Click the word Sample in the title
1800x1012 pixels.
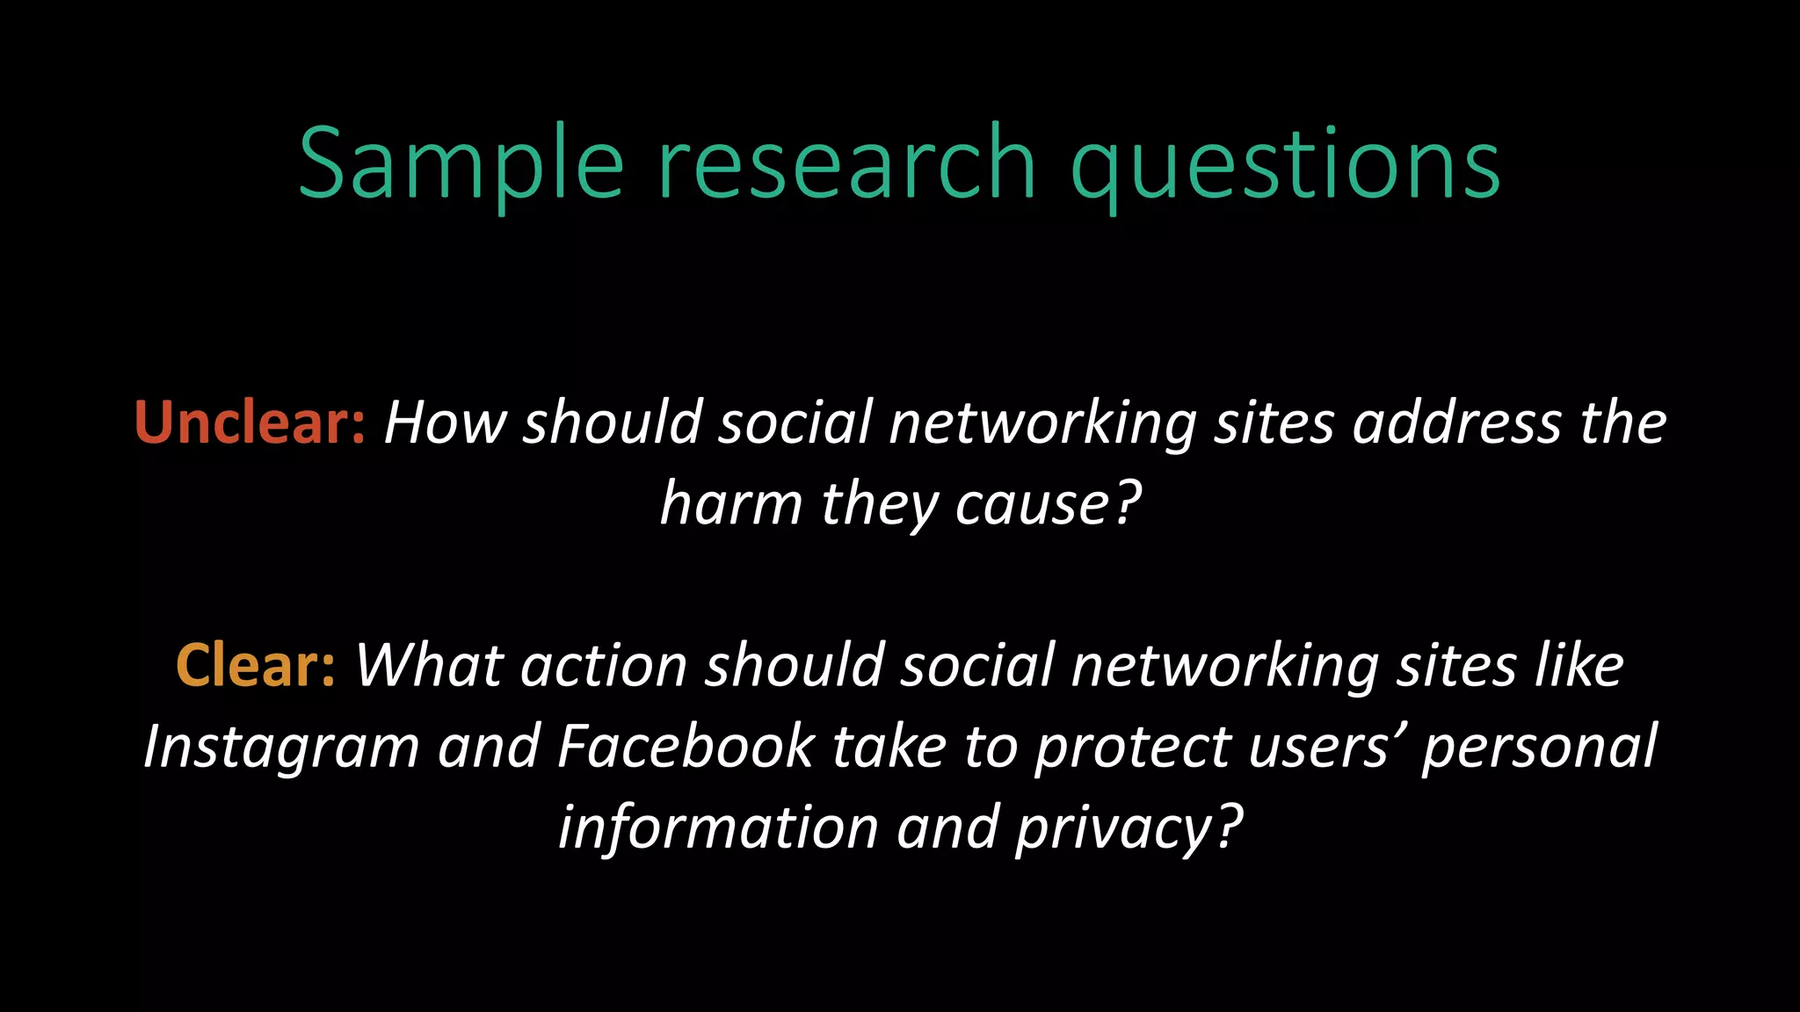coord(461,164)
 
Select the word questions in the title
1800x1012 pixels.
coord(1286,164)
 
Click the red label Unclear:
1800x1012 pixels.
coord(250,423)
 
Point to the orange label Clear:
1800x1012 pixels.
coord(256,665)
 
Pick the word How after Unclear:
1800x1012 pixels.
coord(446,423)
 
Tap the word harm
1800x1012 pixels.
coord(731,504)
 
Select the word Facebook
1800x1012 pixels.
coord(686,747)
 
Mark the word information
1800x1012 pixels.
coord(718,828)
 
